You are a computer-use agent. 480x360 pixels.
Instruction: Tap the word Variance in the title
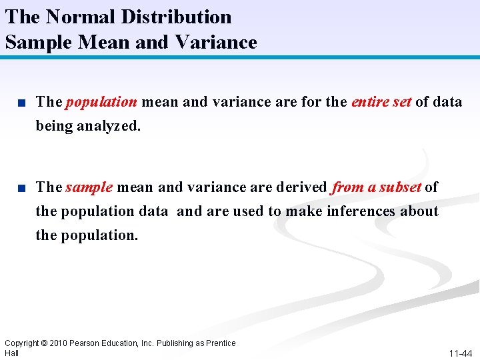pyautogui.click(x=216, y=42)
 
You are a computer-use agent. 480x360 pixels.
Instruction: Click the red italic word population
pyautogui.click(x=101, y=102)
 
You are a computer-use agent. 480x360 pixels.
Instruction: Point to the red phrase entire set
pyautogui.click(x=381, y=102)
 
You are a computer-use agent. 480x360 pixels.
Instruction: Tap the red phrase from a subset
pyautogui.click(x=377, y=187)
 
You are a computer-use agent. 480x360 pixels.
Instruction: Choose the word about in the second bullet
pyautogui.click(x=419, y=211)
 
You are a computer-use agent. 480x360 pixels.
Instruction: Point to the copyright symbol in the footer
pyautogui.click(x=43, y=343)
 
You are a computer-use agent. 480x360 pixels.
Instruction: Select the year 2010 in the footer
pyautogui.click(x=58, y=343)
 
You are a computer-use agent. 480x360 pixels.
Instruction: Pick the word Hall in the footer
pyautogui.click(x=12, y=353)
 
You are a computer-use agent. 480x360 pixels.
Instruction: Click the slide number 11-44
pyautogui.click(x=460, y=353)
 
